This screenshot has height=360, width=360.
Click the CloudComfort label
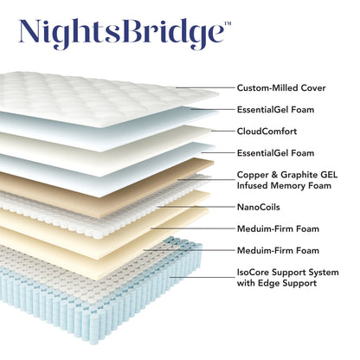pos(268,132)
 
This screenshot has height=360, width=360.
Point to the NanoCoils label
pos(259,207)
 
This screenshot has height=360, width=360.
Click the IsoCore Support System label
pos(287,272)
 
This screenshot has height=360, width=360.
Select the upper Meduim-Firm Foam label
pos(278,228)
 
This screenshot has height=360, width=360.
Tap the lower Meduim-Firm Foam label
pos(278,250)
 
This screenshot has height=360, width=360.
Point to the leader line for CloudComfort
pos(212,132)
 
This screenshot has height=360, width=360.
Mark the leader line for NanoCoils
pos(216,207)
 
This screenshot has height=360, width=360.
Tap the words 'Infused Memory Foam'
pos(283,185)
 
